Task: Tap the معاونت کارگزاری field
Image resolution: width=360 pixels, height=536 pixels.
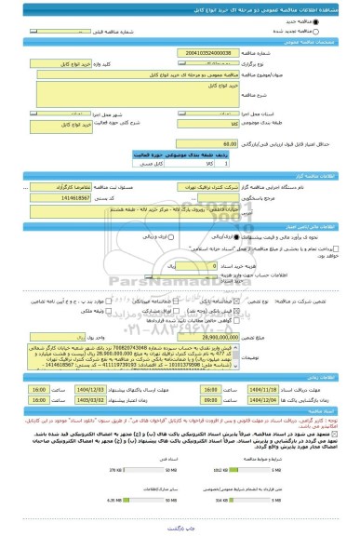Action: coord(74,186)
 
